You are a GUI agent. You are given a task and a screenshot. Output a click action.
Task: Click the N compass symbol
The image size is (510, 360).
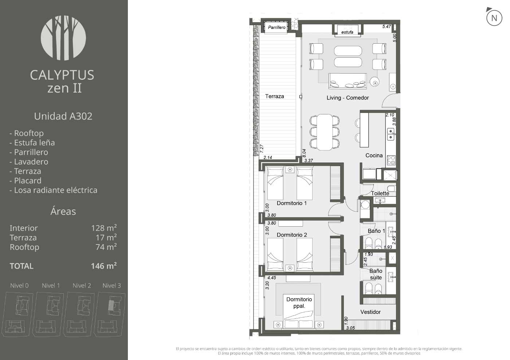tap(494, 18)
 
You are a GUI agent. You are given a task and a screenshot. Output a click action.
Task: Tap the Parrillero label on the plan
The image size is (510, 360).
tap(276, 27)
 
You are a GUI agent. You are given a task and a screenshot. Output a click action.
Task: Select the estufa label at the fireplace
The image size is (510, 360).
tap(347, 32)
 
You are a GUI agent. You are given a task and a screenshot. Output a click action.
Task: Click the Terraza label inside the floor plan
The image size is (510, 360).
tap(275, 96)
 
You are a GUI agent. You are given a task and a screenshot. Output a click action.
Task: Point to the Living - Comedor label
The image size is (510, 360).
tap(348, 98)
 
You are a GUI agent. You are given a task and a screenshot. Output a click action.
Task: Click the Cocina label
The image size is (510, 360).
tap(374, 155)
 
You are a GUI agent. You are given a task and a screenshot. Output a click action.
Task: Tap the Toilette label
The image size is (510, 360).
tap(380, 193)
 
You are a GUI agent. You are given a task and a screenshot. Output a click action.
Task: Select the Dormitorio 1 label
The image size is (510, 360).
tap(292, 203)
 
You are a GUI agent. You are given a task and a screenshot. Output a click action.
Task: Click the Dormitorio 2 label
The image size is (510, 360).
tap(292, 235)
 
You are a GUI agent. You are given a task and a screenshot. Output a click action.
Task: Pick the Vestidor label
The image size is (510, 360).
tap(370, 312)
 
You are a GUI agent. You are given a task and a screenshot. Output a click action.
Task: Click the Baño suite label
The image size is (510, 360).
tap(376, 274)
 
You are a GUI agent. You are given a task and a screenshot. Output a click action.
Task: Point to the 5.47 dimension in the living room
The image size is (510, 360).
tap(387, 27)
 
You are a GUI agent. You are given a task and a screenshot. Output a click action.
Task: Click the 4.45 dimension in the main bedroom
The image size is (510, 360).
tap(272, 278)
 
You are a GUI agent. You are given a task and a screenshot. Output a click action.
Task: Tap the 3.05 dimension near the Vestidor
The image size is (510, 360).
tap(350, 328)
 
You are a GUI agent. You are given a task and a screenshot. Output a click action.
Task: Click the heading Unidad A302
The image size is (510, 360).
tap(63, 116)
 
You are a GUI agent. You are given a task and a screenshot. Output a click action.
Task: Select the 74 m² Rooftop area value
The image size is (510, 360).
tap(106, 247)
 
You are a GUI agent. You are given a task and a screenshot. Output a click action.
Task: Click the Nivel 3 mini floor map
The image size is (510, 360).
tap(111, 314)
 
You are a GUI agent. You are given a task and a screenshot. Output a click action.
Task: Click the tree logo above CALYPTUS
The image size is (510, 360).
tap(63, 38)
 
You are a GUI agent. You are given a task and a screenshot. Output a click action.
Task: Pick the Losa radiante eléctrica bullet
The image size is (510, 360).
tap(53, 190)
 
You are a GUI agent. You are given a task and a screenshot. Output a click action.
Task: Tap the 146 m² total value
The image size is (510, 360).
tap(104, 266)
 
